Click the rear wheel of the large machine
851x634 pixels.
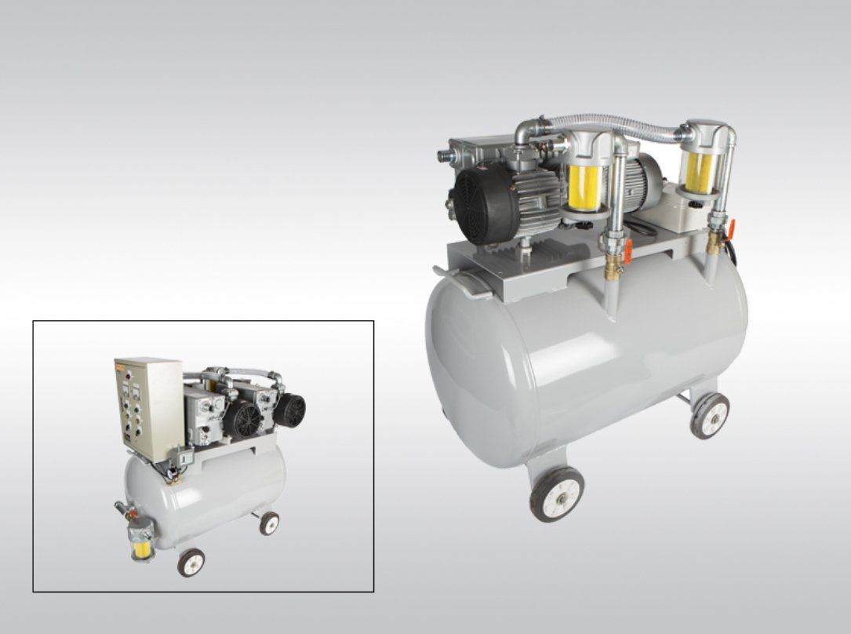coord(710,415)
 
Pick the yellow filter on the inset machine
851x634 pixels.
coord(142,541)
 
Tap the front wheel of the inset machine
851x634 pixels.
coord(191,562)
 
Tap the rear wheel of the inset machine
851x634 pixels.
coord(269,523)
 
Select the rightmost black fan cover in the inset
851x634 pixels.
coord(289,410)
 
